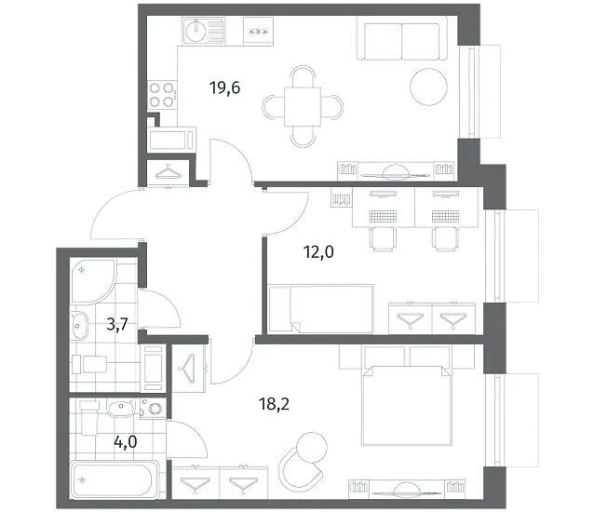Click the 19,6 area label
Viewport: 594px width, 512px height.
pos(225,88)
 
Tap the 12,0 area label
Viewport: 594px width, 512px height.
pos(318,252)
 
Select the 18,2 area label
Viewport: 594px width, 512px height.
pos(274,404)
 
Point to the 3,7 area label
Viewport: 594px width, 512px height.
pos(117,325)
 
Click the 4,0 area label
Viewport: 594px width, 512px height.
pos(126,442)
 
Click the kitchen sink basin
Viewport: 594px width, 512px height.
pos(196,31)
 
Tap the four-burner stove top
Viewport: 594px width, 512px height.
pos(162,95)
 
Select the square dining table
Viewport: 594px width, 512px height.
pos(303,106)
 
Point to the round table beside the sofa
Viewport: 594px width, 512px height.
pos(429,87)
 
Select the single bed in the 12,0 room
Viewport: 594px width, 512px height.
pos(321,309)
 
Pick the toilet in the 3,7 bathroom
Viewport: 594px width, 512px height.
pos(89,364)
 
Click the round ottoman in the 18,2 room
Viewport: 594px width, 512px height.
pos(312,447)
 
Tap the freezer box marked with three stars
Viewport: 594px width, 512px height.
pos(258,32)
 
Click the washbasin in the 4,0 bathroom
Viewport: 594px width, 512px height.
pos(121,409)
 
